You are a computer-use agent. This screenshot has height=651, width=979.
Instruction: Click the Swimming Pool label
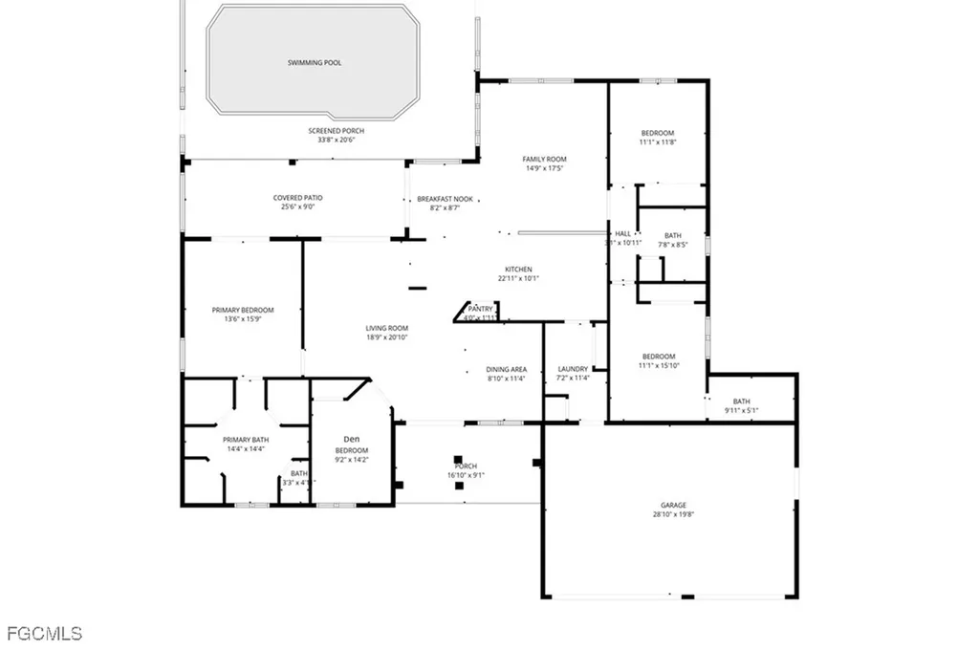coord(315,63)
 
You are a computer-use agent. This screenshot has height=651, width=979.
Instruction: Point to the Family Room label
coord(544,159)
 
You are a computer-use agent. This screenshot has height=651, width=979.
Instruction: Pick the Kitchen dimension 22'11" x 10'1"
coord(518,278)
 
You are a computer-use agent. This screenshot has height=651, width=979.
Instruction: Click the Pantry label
coord(480,308)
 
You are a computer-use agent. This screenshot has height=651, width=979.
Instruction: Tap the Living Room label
coord(387,329)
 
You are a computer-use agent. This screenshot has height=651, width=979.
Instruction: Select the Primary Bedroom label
coord(243,310)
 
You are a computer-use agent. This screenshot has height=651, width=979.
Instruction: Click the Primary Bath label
coord(246,439)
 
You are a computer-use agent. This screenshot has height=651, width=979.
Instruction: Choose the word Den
coord(351,439)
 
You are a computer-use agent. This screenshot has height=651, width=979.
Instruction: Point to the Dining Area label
coord(507,369)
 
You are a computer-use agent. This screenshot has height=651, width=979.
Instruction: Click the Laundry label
coord(574,369)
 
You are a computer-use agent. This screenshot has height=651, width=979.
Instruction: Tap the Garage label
coord(674,505)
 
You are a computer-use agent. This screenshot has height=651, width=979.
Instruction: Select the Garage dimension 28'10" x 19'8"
coord(674,514)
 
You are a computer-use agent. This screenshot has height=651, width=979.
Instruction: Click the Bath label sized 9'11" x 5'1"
coord(742,401)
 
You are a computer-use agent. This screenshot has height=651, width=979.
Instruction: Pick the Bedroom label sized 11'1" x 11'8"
coord(658,133)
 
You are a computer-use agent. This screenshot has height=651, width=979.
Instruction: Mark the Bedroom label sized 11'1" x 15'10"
coord(658,357)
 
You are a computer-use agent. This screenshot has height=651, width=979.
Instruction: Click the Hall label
coord(623,233)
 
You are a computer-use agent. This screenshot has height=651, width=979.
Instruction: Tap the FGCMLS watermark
coord(44,633)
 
